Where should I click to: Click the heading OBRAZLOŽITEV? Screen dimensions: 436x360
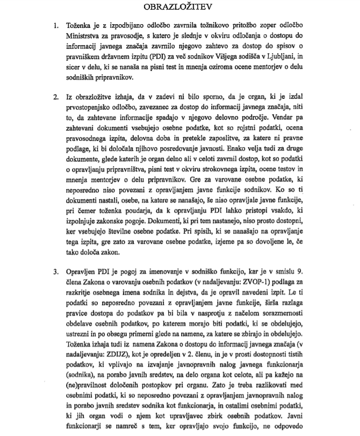[x=179, y=8]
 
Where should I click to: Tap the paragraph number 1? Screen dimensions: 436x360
[x=55, y=25]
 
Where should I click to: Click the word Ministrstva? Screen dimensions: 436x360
[x=86, y=37]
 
